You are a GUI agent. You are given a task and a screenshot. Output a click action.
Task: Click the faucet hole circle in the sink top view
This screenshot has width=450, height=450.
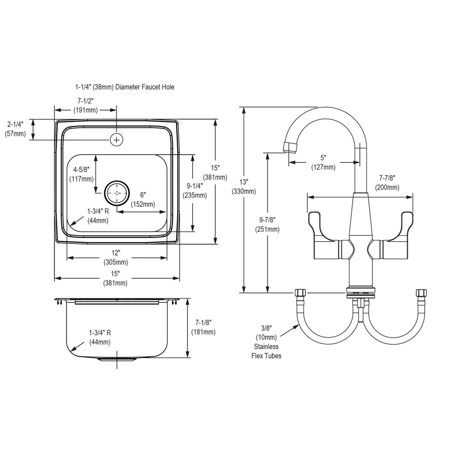click(116, 139)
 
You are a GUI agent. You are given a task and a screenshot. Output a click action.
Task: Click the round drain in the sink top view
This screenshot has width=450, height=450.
click(117, 193)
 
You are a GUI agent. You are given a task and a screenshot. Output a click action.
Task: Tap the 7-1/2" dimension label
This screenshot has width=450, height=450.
click(85, 101)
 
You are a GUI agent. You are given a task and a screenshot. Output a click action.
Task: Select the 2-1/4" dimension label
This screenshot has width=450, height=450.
click(15, 124)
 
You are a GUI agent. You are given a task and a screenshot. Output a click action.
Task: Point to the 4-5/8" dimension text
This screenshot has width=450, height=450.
click(81, 169)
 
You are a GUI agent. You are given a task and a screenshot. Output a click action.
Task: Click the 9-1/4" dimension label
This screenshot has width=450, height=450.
click(195, 186)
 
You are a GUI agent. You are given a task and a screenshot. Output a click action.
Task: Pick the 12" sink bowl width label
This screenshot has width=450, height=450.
click(115, 253)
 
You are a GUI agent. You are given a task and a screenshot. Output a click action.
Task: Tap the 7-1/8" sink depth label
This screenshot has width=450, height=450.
click(203, 322)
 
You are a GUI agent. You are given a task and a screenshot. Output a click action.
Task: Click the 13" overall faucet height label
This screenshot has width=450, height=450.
click(244, 181)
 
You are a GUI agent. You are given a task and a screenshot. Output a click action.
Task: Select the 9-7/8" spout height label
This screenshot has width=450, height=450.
click(267, 220)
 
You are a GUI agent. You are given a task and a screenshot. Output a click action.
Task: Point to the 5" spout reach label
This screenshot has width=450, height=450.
click(323, 158)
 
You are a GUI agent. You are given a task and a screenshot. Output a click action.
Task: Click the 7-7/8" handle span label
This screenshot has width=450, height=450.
click(387, 178)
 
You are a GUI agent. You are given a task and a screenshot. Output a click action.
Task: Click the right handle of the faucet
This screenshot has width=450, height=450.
click(392, 236)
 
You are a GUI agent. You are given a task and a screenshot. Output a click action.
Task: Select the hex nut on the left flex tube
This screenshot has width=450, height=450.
click(300, 292)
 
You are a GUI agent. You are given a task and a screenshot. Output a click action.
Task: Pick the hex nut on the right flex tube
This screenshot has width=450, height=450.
click(421, 292)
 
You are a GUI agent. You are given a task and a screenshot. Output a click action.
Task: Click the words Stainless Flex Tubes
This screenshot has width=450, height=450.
click(267, 351)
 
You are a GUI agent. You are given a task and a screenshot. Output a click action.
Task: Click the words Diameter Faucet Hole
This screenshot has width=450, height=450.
click(145, 87)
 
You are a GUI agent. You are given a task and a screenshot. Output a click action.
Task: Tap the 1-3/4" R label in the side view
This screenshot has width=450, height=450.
click(100, 333)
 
